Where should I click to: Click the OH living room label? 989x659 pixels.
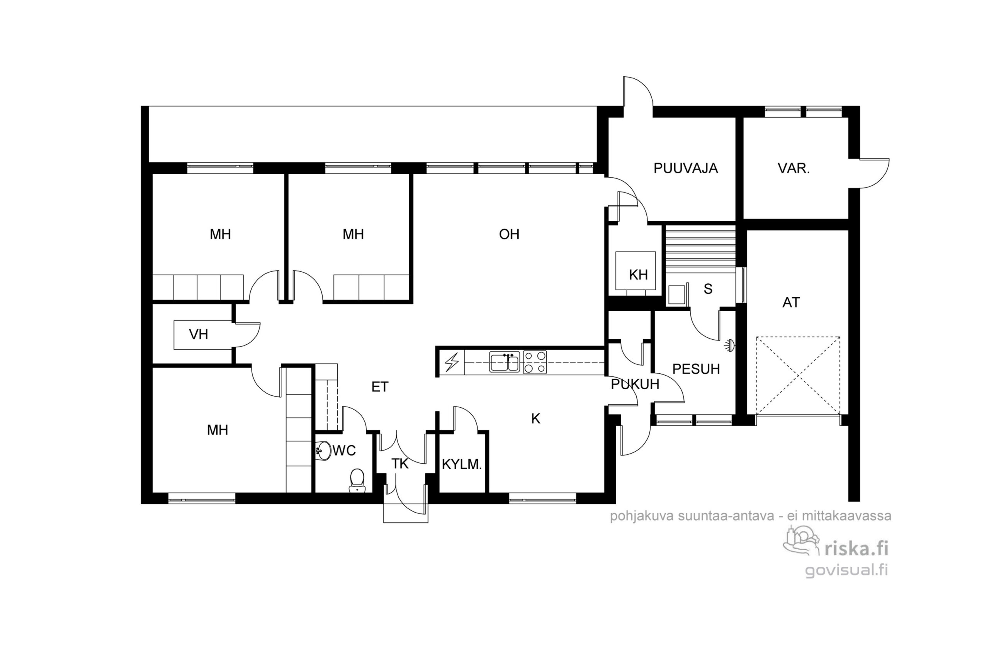(509, 234)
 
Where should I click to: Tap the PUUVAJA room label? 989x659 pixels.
(685, 168)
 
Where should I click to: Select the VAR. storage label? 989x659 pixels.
(794, 168)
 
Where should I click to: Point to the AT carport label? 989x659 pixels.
(791, 303)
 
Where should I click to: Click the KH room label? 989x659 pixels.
(638, 275)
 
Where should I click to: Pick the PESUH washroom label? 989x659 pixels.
(696, 369)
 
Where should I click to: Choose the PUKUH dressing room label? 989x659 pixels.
(635, 384)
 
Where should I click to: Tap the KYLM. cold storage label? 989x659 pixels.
(462, 464)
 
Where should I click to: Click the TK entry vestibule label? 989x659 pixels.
(400, 464)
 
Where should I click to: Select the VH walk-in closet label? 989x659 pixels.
(199, 335)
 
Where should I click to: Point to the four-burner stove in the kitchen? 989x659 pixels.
(535, 362)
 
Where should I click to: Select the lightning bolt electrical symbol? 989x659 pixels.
(452, 362)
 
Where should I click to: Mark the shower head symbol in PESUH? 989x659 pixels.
(729, 346)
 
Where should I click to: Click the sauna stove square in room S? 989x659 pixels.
(676, 295)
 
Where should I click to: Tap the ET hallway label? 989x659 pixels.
(380, 387)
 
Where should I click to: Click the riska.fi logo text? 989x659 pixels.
(856, 549)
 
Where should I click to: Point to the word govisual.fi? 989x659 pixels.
(846, 570)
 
